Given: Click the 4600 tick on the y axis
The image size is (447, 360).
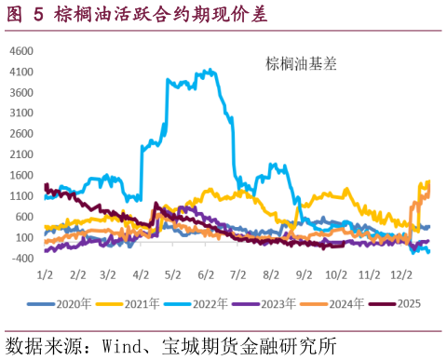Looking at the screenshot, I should [x=21, y=50].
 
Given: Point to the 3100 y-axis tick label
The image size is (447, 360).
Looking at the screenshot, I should [x=21, y=113].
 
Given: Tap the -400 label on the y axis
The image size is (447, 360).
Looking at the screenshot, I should [x=21, y=258].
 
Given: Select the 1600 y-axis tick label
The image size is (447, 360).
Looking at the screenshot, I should [x=21, y=175].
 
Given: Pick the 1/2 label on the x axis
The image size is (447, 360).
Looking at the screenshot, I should [x=44, y=276].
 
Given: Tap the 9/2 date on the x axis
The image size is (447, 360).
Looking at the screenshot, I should [x=304, y=276].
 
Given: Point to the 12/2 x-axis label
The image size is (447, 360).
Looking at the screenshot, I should [x=402, y=276].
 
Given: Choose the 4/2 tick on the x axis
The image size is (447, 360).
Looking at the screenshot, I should [x=142, y=276].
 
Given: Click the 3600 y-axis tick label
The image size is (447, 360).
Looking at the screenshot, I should [x=21, y=92].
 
